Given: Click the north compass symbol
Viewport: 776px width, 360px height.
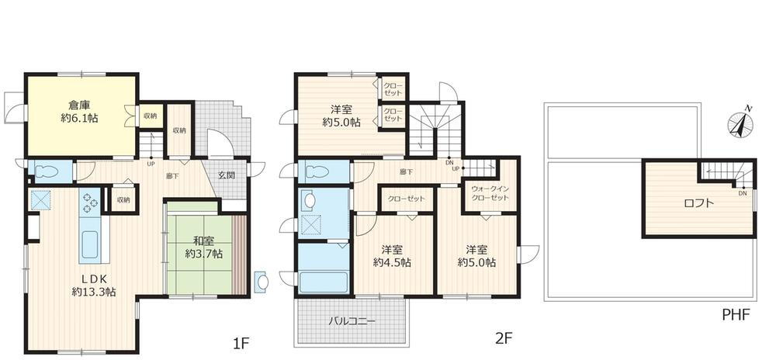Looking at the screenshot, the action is click(x=740, y=122).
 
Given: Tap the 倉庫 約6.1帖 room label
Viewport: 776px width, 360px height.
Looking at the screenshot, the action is click(x=80, y=112).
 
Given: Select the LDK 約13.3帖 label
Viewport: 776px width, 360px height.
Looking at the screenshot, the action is click(x=94, y=285).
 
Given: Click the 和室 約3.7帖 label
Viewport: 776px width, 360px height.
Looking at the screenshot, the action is click(x=204, y=247).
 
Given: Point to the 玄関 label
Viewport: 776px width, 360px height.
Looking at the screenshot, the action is click(x=227, y=175).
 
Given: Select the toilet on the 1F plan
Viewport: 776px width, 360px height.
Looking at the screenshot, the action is click(x=48, y=172).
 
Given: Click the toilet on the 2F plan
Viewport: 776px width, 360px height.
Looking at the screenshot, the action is click(x=317, y=171).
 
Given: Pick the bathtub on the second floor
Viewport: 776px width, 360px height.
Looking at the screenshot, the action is click(x=324, y=282).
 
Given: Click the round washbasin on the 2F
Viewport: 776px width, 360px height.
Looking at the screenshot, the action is click(x=310, y=201).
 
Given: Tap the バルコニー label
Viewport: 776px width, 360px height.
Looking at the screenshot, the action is click(x=352, y=321).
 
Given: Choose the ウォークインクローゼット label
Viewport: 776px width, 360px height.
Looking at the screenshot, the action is click(x=490, y=193).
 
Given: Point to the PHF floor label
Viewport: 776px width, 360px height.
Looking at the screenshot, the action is click(x=736, y=313).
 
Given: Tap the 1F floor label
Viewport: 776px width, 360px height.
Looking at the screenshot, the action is click(x=241, y=342).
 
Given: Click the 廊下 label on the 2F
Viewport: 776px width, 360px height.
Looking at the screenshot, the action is click(x=406, y=172).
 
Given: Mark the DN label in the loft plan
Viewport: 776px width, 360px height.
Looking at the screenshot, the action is click(x=743, y=193).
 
